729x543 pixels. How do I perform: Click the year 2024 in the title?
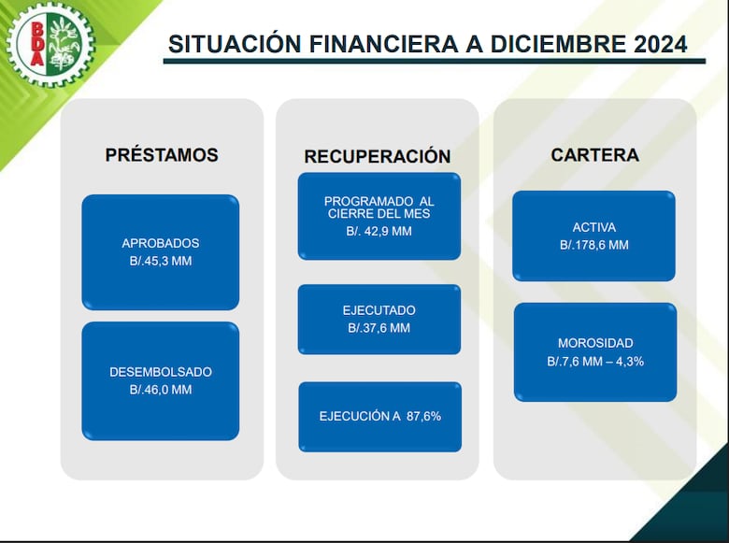coord(650,44)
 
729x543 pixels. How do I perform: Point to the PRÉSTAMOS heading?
coord(162,155)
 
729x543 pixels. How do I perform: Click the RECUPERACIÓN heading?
coord(377,156)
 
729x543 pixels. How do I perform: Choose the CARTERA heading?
coord(594,155)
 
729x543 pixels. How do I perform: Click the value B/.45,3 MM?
coord(161,261)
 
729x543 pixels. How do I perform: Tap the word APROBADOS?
coord(161,243)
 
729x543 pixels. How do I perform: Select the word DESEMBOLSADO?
coord(161,372)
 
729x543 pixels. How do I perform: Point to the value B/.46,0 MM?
coord(161,390)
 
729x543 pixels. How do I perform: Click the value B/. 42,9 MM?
coord(379,231)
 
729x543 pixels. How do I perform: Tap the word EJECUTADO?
coord(379,310)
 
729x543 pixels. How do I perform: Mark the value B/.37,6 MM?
coord(379,328)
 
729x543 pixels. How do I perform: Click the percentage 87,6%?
coord(423,416)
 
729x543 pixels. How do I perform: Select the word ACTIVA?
coord(593,227)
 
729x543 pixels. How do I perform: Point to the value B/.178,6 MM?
coord(593,245)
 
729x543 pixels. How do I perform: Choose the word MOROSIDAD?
coord(595,343)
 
